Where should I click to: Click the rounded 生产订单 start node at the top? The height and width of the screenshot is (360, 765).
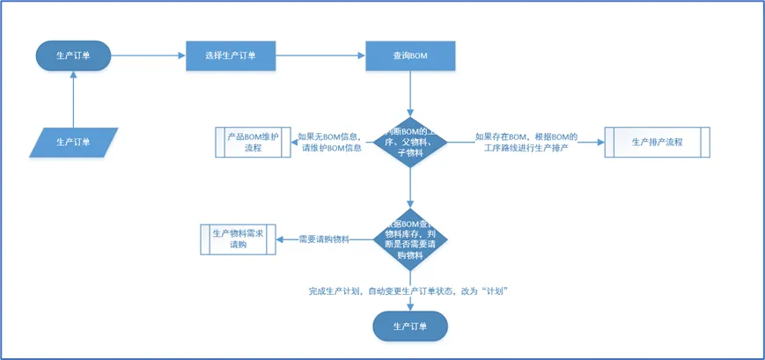73,56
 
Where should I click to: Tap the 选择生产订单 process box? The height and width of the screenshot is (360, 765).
231,56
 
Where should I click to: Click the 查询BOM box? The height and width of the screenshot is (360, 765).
410,56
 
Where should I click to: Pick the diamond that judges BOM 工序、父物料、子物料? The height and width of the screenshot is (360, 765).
410,142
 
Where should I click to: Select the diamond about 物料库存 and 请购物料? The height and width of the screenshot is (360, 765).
410,239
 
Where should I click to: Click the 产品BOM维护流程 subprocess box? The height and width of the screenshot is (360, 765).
254,142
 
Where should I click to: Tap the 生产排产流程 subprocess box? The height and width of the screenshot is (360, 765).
658,142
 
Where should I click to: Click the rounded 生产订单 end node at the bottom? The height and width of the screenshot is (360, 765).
410,327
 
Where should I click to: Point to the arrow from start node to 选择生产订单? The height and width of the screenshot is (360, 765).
148,56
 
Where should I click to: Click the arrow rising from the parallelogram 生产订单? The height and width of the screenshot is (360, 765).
73,100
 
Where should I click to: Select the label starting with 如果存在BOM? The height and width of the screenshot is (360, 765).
526,142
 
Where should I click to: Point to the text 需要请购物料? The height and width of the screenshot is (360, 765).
324,239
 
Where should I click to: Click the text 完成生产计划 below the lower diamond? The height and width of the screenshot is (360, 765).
410,290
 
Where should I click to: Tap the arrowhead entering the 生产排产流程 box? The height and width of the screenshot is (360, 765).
600,142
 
